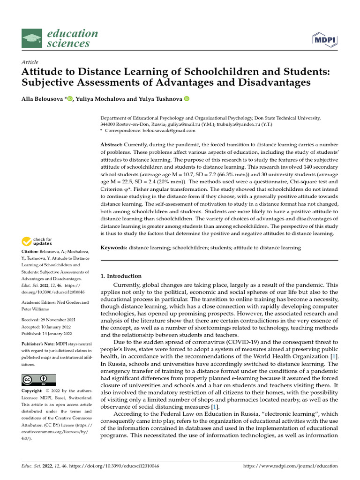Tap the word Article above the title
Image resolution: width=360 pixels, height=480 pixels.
click(x=30, y=62)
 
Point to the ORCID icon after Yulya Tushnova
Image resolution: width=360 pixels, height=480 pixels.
click(x=186, y=98)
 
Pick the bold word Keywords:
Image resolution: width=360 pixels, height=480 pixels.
click(x=114, y=247)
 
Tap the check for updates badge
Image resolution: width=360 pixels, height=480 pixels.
click(x=37, y=241)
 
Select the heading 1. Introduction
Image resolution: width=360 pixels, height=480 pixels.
click(x=121, y=276)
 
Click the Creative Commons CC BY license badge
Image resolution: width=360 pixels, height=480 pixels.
click(x=38, y=380)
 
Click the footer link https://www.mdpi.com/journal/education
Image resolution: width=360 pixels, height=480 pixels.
click(x=291, y=466)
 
